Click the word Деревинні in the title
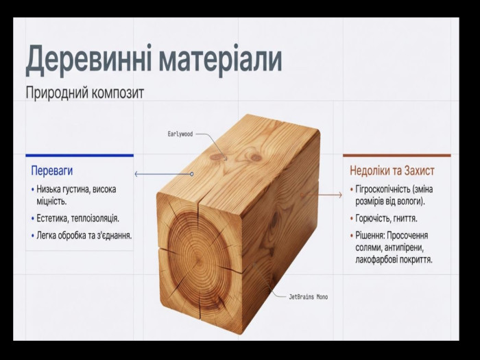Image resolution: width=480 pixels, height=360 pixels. point(88,60)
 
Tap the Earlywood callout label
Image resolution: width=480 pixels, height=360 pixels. point(180,134)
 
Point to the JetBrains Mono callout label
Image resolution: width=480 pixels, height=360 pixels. point(309,297)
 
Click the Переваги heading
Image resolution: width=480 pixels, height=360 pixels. point(52,171)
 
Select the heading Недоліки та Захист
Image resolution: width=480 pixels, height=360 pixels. point(392,171)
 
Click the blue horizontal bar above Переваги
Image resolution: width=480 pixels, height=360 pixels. point(80,156)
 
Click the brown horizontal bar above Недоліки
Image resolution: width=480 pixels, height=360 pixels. point(397,156)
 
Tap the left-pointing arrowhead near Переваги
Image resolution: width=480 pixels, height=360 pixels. point(136,174)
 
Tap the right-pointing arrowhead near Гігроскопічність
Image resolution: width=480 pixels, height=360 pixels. point(340,195)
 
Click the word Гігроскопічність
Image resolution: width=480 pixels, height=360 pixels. point(383,189)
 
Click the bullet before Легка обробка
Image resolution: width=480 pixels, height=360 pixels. point(33,236)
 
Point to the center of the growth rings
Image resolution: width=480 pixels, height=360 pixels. point(198,263)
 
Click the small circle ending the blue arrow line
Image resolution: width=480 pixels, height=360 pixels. point(192,174)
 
